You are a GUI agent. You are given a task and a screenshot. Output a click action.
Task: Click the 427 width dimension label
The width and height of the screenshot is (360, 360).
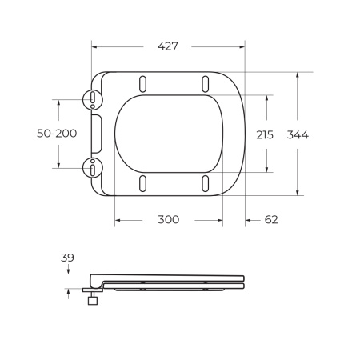pyautogui.click(x=167, y=46)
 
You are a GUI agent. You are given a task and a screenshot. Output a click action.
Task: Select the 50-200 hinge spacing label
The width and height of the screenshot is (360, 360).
pyautogui.click(x=58, y=134)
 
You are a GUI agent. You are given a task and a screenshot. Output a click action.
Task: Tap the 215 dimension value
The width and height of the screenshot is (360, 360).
pyautogui.click(x=265, y=134)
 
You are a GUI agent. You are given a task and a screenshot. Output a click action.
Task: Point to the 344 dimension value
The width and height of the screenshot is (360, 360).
pyautogui.click(x=298, y=134)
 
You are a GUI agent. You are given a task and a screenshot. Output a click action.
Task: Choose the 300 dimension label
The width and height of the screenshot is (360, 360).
pyautogui.click(x=167, y=219)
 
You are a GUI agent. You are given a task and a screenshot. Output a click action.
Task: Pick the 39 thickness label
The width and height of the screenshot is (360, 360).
pyautogui.click(x=67, y=258)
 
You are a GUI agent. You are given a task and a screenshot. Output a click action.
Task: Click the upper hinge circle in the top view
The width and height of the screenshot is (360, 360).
pyautogui.click(x=94, y=99)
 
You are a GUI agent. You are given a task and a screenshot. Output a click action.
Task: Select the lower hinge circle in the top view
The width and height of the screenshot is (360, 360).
pyautogui.click(x=94, y=168)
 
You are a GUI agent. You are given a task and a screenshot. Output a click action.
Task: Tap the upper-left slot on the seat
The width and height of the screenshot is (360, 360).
pyautogui.click(x=142, y=84)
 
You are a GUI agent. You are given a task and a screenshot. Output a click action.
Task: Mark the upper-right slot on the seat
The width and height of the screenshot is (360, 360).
pyautogui.click(x=206, y=84)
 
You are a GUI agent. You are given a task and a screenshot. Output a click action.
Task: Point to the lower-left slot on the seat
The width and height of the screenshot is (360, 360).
pyautogui.click(x=142, y=183)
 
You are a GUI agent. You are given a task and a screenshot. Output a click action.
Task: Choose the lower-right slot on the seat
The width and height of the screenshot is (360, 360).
pyautogui.click(x=206, y=183)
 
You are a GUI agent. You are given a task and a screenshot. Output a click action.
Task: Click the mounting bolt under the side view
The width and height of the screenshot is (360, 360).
pyautogui.click(x=94, y=301)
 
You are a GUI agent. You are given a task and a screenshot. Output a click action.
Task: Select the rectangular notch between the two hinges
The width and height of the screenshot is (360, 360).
pyautogui.click(x=97, y=134)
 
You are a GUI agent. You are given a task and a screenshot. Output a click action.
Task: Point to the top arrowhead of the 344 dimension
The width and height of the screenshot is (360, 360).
pyautogui.click(x=298, y=74)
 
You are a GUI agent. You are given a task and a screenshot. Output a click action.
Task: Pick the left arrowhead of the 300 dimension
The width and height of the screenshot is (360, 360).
pyautogui.click(x=117, y=219)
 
